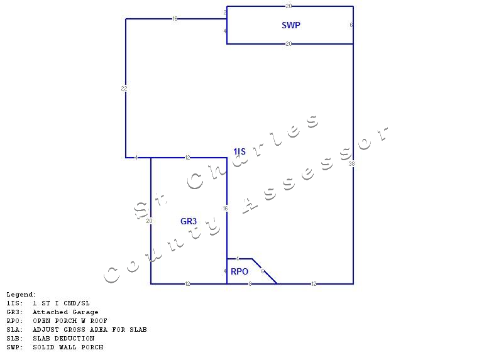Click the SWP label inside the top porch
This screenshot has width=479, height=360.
tap(291, 26)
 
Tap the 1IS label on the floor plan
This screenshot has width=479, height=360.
tap(239, 151)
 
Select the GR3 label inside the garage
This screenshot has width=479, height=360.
tap(189, 221)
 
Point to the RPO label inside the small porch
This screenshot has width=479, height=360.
tap(239, 272)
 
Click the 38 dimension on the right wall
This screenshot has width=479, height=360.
tap(352, 163)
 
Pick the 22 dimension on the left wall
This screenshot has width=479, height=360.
tap(124, 89)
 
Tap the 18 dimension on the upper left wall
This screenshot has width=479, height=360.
tap(175, 19)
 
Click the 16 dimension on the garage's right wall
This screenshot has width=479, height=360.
tap(225, 209)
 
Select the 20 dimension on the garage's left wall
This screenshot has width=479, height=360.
tap(150, 221)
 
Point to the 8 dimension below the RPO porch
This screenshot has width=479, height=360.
tap(250, 284)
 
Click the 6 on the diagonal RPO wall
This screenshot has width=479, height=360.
tap(263, 271)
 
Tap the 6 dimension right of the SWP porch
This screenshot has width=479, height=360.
tap(351, 25)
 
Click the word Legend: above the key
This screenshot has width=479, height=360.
tap(21, 295)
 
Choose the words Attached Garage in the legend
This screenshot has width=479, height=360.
tap(65, 312)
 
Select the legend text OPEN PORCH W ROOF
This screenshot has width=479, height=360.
tap(70, 321)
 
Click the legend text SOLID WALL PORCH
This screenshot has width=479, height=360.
tap(68, 347)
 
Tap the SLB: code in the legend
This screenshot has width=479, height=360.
tap(15, 339)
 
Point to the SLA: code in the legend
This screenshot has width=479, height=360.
tap(15, 330)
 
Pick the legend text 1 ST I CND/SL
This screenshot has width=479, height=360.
tap(61, 303)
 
